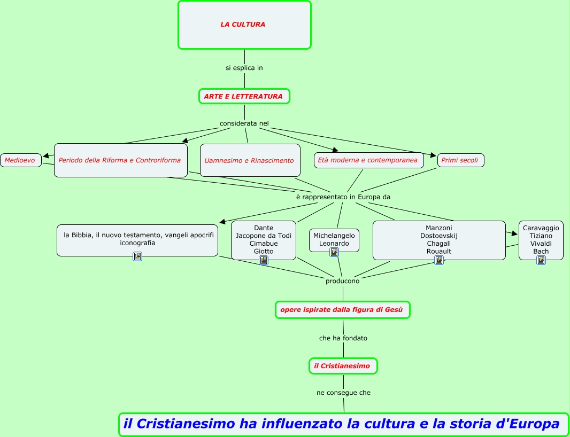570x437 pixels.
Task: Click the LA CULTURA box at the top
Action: (244, 25)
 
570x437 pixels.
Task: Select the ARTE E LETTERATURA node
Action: (243, 96)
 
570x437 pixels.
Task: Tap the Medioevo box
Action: (20, 160)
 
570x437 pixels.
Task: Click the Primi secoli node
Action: (460, 160)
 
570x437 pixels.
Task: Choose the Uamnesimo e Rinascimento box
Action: (249, 160)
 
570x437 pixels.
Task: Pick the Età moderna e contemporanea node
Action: (368, 160)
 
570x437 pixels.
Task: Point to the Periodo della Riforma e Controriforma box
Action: (120, 160)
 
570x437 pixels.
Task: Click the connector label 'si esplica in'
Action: (244, 68)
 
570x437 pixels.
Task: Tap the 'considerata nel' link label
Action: (244, 123)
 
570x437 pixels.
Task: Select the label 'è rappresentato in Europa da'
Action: (343, 197)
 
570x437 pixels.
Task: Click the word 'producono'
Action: (342, 281)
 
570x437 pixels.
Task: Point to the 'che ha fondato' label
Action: (343, 338)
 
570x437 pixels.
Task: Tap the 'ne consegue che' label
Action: (343, 393)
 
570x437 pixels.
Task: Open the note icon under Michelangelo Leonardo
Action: (334, 252)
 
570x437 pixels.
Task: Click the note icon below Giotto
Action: (264, 260)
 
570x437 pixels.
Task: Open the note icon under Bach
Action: (541, 260)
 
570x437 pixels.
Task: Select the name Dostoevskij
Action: (439, 236)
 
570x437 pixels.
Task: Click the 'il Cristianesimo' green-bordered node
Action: (343, 366)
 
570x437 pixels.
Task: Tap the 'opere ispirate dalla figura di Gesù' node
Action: (342, 309)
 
